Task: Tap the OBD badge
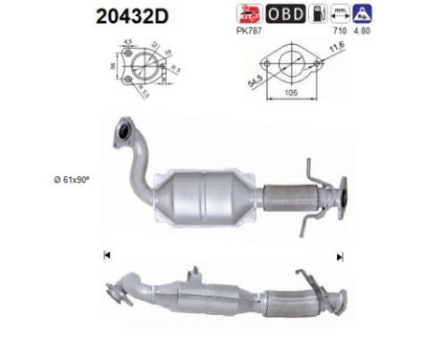[x=286, y=13]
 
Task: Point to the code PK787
[x=249, y=31]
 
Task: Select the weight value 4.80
[x=365, y=31]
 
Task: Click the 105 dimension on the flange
[x=295, y=94]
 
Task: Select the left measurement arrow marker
[x=106, y=255]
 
